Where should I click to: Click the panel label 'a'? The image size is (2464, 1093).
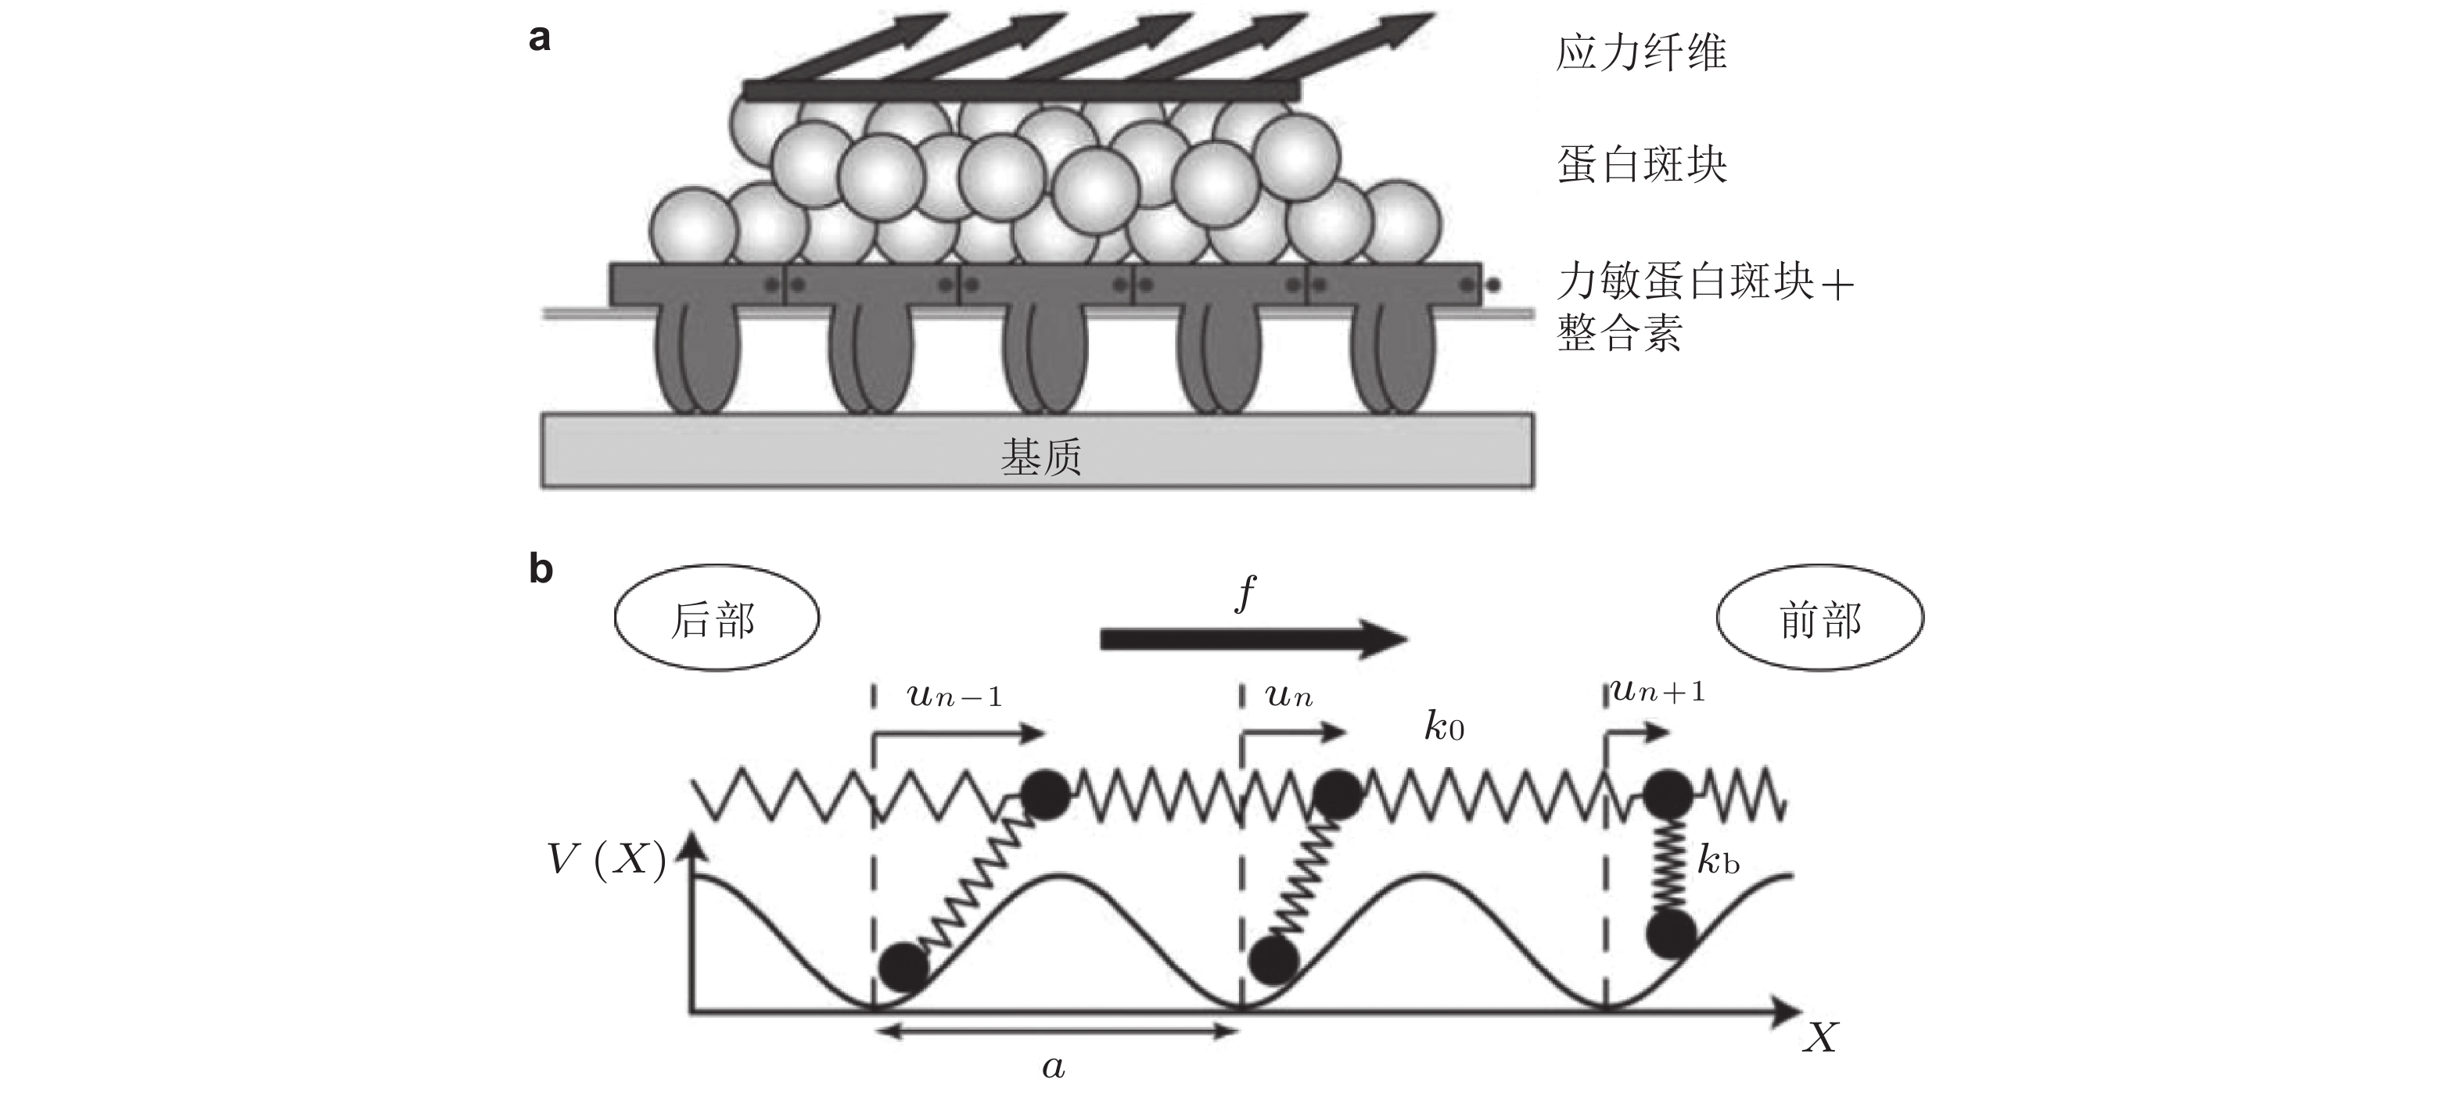(540, 38)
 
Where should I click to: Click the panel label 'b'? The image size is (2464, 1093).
(541, 569)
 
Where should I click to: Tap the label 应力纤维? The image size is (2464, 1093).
(1641, 52)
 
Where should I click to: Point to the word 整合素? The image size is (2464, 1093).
(1619, 334)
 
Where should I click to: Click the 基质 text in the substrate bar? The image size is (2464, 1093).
(1040, 457)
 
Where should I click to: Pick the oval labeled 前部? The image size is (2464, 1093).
(1819, 618)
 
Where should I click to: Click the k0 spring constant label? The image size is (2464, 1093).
(1443, 728)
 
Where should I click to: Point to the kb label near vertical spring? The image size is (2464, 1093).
(1718, 862)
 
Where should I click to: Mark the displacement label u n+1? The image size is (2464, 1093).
(1658, 690)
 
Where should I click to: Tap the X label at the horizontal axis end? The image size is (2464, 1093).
(1820, 1037)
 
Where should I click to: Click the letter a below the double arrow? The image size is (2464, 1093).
(1053, 1067)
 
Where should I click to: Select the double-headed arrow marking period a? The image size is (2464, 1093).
(1057, 1030)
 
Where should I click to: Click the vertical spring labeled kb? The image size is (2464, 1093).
(1669, 862)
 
